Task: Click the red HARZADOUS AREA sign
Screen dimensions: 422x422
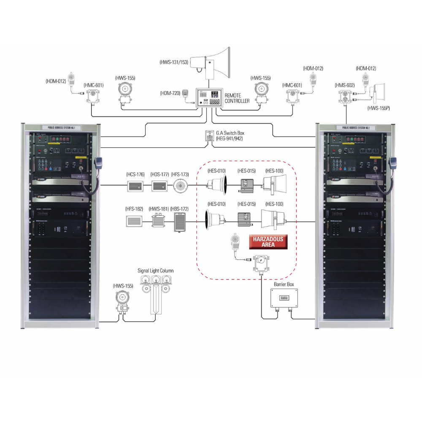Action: tap(268, 242)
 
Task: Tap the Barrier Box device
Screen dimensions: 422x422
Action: tap(284, 299)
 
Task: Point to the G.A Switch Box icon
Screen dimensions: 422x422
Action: tap(209, 136)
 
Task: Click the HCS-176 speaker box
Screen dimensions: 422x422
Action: tap(135, 186)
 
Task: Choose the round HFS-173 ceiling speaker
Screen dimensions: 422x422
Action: tap(180, 186)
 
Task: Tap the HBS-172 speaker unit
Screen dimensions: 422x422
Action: tap(180, 222)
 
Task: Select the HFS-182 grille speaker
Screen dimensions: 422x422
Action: tap(135, 222)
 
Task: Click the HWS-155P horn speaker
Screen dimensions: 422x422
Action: tap(377, 93)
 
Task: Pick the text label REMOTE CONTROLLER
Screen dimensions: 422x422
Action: tap(237, 98)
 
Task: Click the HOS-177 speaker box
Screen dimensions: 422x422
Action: tap(160, 186)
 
